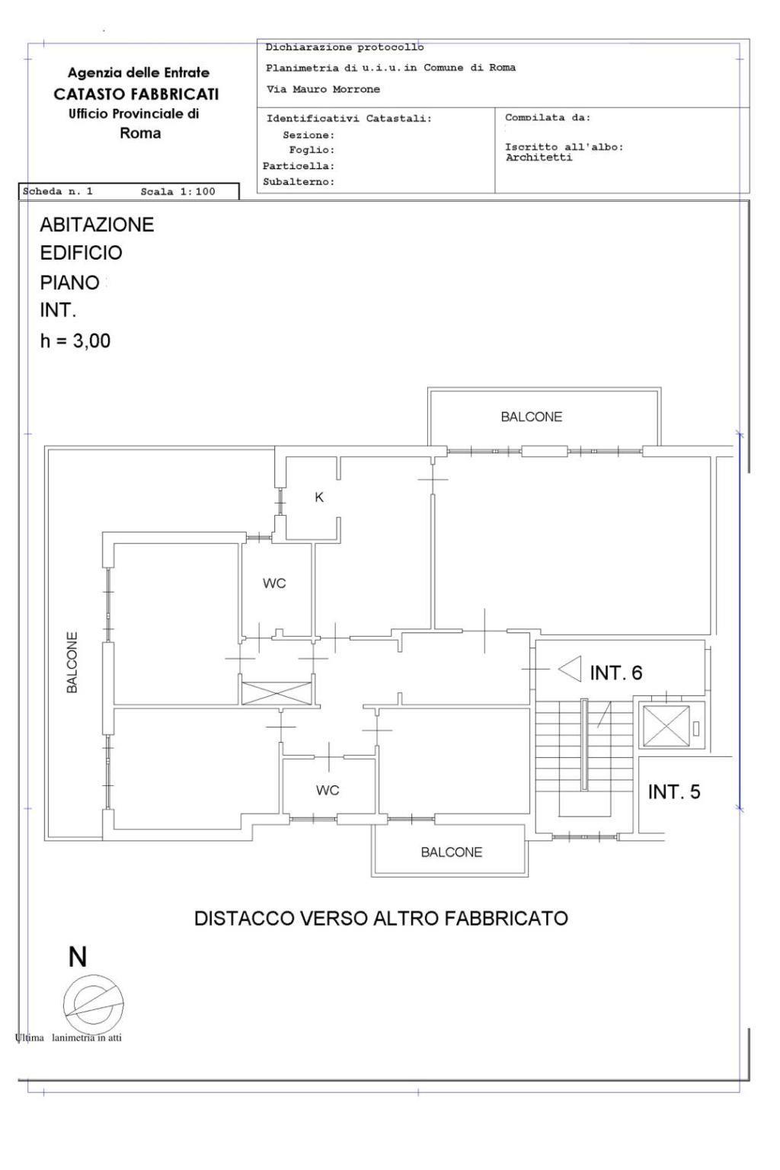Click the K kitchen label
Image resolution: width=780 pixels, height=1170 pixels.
pos(318,497)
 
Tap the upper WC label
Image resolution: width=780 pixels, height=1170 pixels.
pos(274,583)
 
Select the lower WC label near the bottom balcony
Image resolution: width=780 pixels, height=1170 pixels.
pos(328,790)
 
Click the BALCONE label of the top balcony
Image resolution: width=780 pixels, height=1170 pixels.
pos(532,417)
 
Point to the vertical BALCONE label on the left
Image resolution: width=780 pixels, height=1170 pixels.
pos(72,663)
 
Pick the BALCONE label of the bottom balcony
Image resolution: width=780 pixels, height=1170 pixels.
pos(452,852)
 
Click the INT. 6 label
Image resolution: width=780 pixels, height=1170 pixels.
pos(616,673)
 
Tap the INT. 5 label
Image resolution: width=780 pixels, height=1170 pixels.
pos(674,792)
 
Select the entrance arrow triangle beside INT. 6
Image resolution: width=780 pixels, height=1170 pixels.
pos(570,669)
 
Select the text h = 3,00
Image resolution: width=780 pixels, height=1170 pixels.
pos(75,341)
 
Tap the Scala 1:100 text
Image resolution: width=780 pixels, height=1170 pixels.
pos(177,192)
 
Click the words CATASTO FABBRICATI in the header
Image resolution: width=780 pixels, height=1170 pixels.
pos(136,94)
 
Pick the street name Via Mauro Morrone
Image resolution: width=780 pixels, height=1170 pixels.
pos(324,89)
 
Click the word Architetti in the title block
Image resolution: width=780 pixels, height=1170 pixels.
pos(539,158)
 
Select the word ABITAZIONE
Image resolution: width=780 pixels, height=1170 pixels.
pos(97,225)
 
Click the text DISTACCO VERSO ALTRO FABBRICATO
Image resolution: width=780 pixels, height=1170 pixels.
pos(381,918)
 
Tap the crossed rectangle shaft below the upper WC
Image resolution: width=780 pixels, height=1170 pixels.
pos(277,693)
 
